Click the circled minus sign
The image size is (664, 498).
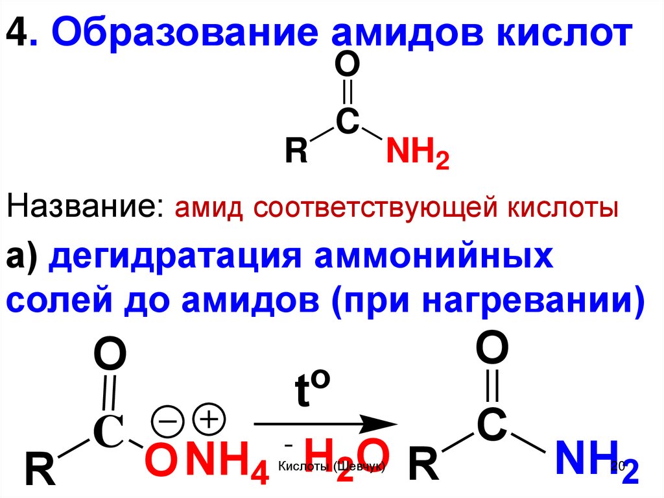(167, 421)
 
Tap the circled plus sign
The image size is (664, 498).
(209, 419)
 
